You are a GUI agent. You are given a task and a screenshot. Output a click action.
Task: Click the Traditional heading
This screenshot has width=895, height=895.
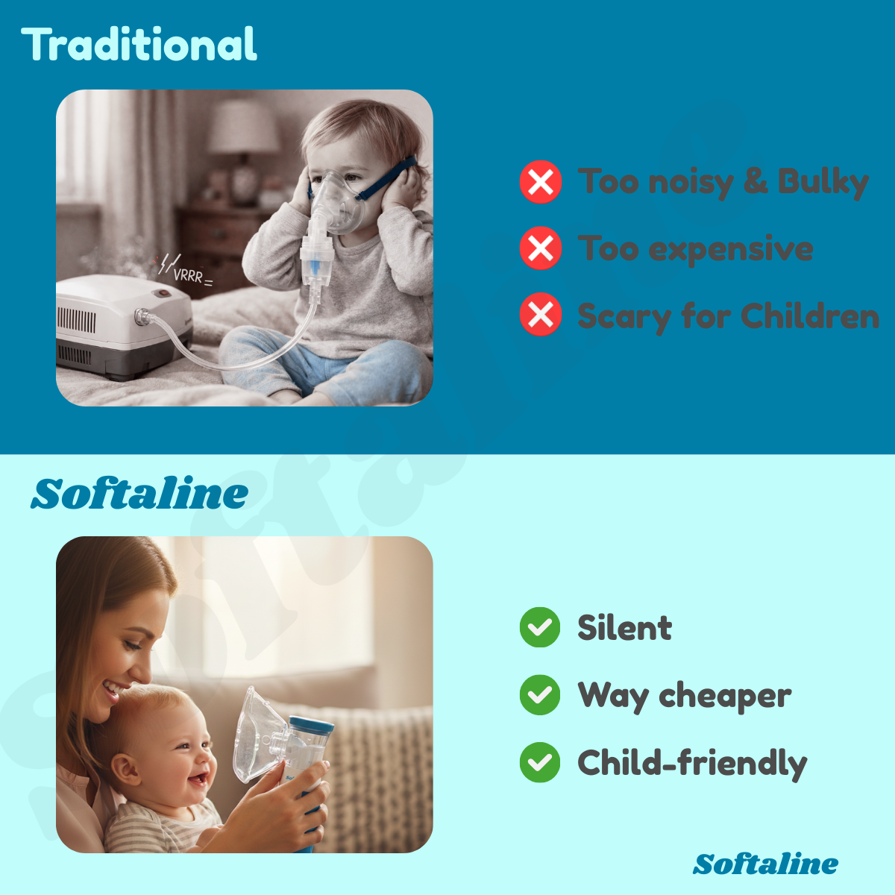[139, 44]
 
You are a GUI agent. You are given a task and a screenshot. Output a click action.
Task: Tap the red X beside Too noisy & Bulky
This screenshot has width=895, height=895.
[541, 182]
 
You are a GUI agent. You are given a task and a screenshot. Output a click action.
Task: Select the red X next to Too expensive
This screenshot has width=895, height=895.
[541, 248]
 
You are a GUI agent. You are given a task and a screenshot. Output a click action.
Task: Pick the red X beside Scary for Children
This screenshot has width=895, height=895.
[541, 315]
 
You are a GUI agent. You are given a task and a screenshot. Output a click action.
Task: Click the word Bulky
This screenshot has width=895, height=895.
[823, 181]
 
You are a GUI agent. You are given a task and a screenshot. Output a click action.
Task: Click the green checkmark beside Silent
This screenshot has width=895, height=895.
[540, 627]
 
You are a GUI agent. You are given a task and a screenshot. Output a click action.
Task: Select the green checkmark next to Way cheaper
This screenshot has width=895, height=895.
[540, 695]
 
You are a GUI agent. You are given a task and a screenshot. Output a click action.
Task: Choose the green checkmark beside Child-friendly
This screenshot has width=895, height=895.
[540, 762]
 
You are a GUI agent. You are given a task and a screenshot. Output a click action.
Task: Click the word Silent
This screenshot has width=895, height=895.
[624, 628]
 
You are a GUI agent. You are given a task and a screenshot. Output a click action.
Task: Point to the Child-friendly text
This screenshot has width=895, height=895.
[692, 763]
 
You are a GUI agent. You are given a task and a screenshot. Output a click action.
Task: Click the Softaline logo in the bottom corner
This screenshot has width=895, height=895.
[765, 864]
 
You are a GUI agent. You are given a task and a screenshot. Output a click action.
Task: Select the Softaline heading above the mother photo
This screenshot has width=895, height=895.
[139, 494]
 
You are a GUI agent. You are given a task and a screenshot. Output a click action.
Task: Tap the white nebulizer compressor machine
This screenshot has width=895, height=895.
[123, 324]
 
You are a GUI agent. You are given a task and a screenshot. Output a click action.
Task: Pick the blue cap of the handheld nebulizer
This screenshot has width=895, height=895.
[311, 724]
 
